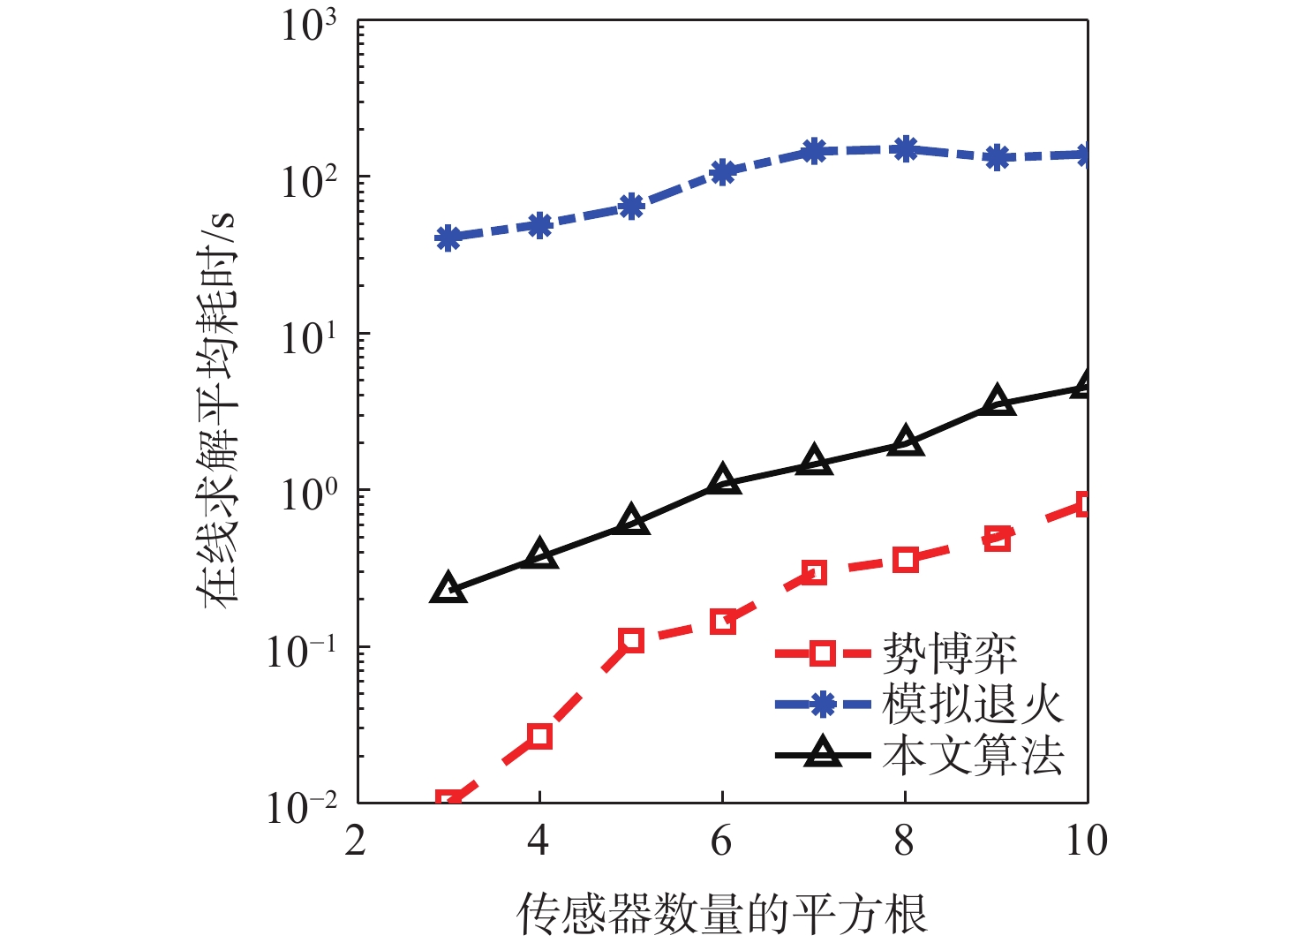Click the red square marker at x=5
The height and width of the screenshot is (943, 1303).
point(630,641)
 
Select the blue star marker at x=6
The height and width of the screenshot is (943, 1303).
point(723,171)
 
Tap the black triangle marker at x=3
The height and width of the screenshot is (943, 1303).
point(448,589)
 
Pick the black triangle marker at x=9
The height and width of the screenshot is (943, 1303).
point(997,401)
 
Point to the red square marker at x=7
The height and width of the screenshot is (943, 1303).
point(814,572)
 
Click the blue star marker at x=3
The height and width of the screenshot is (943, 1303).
point(448,238)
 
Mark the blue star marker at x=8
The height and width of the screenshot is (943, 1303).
point(905,149)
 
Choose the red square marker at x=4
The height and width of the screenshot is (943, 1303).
point(539,736)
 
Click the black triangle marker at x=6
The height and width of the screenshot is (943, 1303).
point(723,479)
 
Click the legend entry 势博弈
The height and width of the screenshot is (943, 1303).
point(949,654)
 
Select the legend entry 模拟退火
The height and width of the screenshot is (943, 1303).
point(972,705)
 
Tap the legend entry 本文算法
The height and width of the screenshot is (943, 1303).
point(972,756)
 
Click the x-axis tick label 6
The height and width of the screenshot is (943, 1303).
point(721,841)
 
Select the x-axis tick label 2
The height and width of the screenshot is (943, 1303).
point(356,841)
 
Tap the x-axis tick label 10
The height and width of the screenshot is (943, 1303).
point(1086,841)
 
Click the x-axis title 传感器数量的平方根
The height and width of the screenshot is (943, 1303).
point(721,915)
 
